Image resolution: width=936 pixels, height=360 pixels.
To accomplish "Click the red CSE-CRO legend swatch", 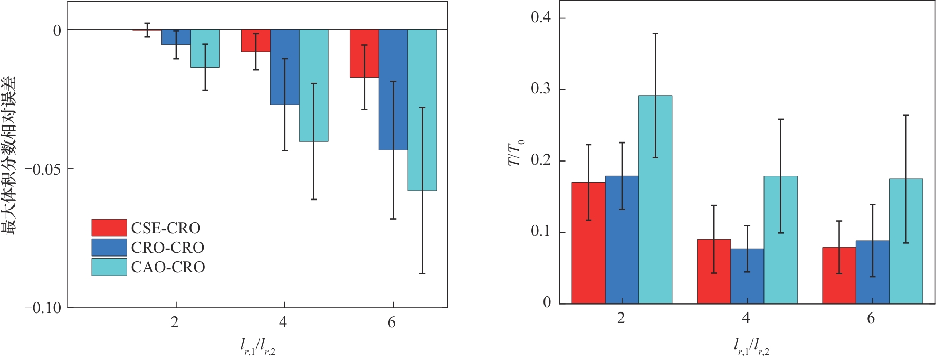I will tap(109, 228).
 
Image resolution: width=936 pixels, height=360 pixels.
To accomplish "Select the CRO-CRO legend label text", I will tap(167, 248).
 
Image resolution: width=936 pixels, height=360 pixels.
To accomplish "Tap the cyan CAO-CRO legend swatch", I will tap(109, 267).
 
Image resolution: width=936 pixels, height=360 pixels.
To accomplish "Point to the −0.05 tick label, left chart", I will tap(43, 169).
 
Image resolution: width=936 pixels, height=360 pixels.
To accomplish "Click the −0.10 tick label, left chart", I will tap(43, 308).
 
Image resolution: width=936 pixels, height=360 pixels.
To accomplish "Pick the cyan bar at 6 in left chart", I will tap(422, 109).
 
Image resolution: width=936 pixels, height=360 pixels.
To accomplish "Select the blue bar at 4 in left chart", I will tap(285, 67).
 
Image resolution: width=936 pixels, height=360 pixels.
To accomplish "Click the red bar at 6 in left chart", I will tap(364, 53).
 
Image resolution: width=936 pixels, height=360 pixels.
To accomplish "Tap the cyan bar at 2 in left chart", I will tap(205, 48).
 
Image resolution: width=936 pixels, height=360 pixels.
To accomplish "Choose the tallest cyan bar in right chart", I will tap(655, 199).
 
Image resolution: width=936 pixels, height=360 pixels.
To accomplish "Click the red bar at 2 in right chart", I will tap(588, 242).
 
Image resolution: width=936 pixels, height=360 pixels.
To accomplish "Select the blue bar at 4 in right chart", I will tap(747, 276).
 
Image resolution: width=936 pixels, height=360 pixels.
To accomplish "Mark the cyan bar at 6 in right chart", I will tap(906, 241).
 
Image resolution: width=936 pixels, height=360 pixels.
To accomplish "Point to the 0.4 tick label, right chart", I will tap(541, 18).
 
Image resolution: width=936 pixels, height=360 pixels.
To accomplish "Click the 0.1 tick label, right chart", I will tap(541, 232).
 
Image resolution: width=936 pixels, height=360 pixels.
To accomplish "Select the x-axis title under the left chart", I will tap(257, 346).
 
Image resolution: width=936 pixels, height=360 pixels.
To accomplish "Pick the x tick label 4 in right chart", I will tap(746, 318).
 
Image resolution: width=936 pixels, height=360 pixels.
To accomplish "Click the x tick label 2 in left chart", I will tap(175, 323).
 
